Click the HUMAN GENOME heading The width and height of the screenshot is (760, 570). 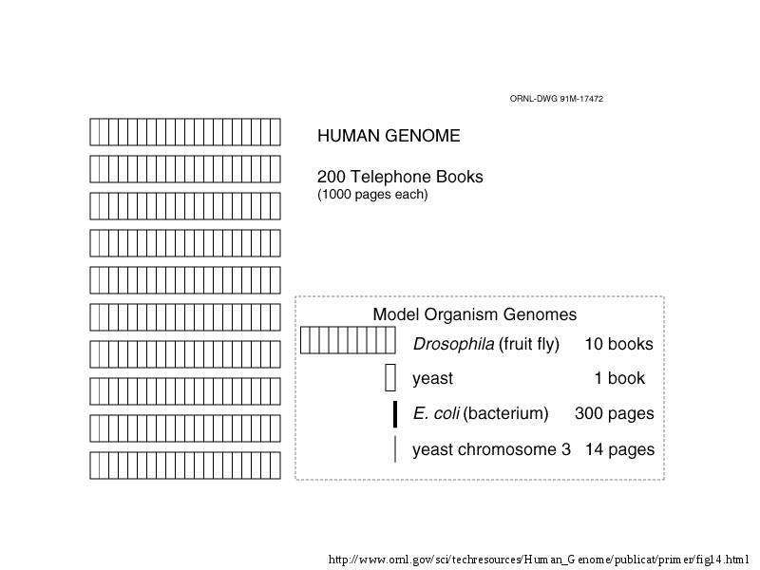pyautogui.click(x=389, y=136)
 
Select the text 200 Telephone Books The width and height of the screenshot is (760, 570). pyautogui.click(x=400, y=177)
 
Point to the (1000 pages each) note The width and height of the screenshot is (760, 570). pyautogui.click(x=372, y=195)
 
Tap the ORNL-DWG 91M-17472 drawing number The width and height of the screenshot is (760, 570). pyautogui.click(x=557, y=99)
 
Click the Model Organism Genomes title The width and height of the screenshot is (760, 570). pyautogui.click(x=474, y=314)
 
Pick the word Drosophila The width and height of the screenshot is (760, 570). pyautogui.click(x=454, y=344)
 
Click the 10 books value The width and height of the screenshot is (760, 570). pyautogui.click(x=619, y=344)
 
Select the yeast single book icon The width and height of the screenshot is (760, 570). pyautogui.click(x=390, y=377)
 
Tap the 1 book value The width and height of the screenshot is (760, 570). pyautogui.click(x=620, y=378)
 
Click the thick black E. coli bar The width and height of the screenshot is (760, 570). pyautogui.click(x=395, y=414)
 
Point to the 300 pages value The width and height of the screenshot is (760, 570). pyautogui.click(x=614, y=413)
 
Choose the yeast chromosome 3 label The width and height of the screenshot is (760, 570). pyautogui.click(x=491, y=449)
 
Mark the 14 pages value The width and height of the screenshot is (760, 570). pyautogui.click(x=619, y=449)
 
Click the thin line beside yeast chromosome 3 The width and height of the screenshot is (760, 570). pyautogui.click(x=395, y=449)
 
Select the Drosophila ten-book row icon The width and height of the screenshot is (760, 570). pyautogui.click(x=348, y=340)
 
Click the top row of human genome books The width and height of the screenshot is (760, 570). pyautogui.click(x=185, y=132)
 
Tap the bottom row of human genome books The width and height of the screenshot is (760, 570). pyautogui.click(x=185, y=465)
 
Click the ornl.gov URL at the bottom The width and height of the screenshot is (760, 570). pyautogui.click(x=539, y=560)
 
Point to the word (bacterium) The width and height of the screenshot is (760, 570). pyautogui.click(x=506, y=413)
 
